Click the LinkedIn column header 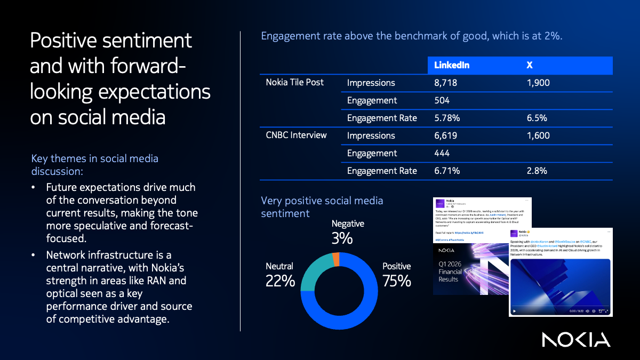coord(451,65)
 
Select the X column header coord(530,65)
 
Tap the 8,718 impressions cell coord(446,83)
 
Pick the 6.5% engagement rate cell coord(537,118)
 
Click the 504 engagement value coord(442,100)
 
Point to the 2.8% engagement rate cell coord(538,171)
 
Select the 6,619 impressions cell coord(446,135)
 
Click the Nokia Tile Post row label coord(295,82)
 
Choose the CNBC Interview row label coord(296,135)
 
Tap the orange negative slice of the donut coord(336,259)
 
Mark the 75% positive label coord(396,281)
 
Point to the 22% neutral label coord(280,281)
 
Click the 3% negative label coord(342,238)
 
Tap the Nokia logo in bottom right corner coord(576,339)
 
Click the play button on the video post coord(514,310)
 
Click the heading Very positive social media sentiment coord(322,207)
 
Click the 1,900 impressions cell coord(538,83)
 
